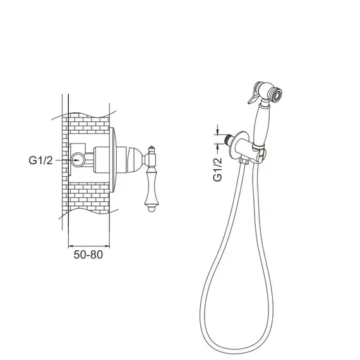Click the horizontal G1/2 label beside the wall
(40, 160)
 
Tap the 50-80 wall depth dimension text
(88, 255)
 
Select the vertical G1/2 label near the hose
(218, 170)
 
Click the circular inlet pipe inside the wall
(78, 160)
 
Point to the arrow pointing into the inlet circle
(69, 160)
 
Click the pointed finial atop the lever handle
(152, 150)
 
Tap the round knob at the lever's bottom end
(151, 209)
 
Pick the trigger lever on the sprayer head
(253, 93)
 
